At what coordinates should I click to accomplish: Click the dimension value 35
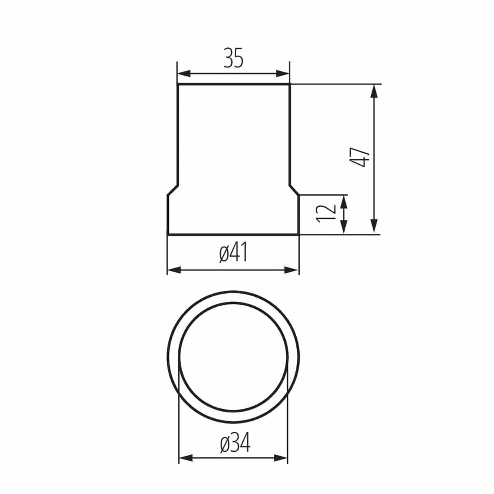[x=233, y=58]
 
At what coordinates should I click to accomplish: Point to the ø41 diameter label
[x=233, y=253]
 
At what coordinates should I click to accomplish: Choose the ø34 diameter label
[x=235, y=443]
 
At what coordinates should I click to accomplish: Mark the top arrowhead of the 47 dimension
[x=374, y=91]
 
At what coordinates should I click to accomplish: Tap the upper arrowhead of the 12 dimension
[x=344, y=202]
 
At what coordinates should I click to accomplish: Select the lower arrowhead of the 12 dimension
[x=344, y=227]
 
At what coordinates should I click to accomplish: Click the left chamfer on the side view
[x=173, y=190]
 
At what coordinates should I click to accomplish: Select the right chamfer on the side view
[x=294, y=190]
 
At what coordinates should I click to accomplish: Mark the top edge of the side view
[x=233, y=85]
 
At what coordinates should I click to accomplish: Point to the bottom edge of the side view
[x=233, y=234]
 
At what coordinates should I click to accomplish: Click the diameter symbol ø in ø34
[x=225, y=444]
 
